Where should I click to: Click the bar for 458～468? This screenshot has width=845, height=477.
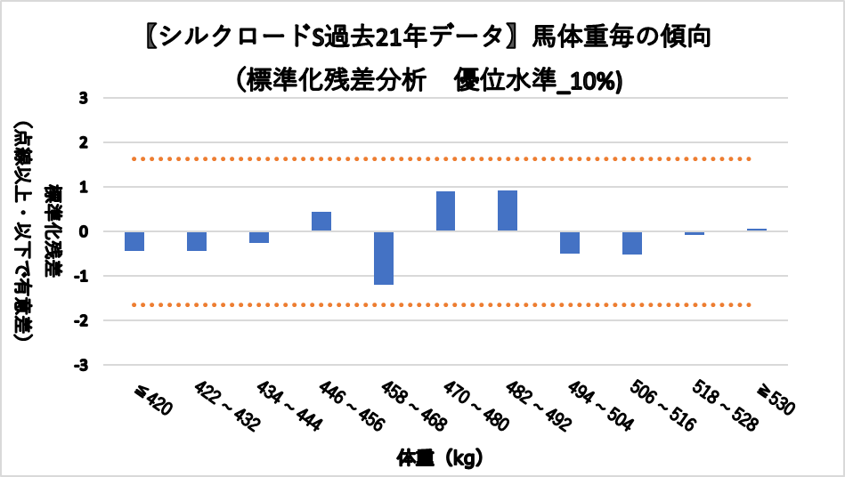click(384, 258)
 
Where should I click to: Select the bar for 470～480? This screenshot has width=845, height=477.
click(445, 211)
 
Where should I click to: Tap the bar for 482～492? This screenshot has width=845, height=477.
click(508, 211)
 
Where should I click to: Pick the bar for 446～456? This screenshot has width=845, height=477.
click(321, 222)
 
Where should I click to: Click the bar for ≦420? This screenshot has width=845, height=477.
click(134, 241)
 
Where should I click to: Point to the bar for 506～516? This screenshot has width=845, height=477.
click(632, 243)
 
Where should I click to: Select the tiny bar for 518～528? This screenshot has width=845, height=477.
click(695, 233)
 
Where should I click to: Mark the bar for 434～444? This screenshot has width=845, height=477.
click(259, 237)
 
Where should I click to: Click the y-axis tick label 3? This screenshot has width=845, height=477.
click(84, 98)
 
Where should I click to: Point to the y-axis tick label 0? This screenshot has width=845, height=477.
click(84, 231)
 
